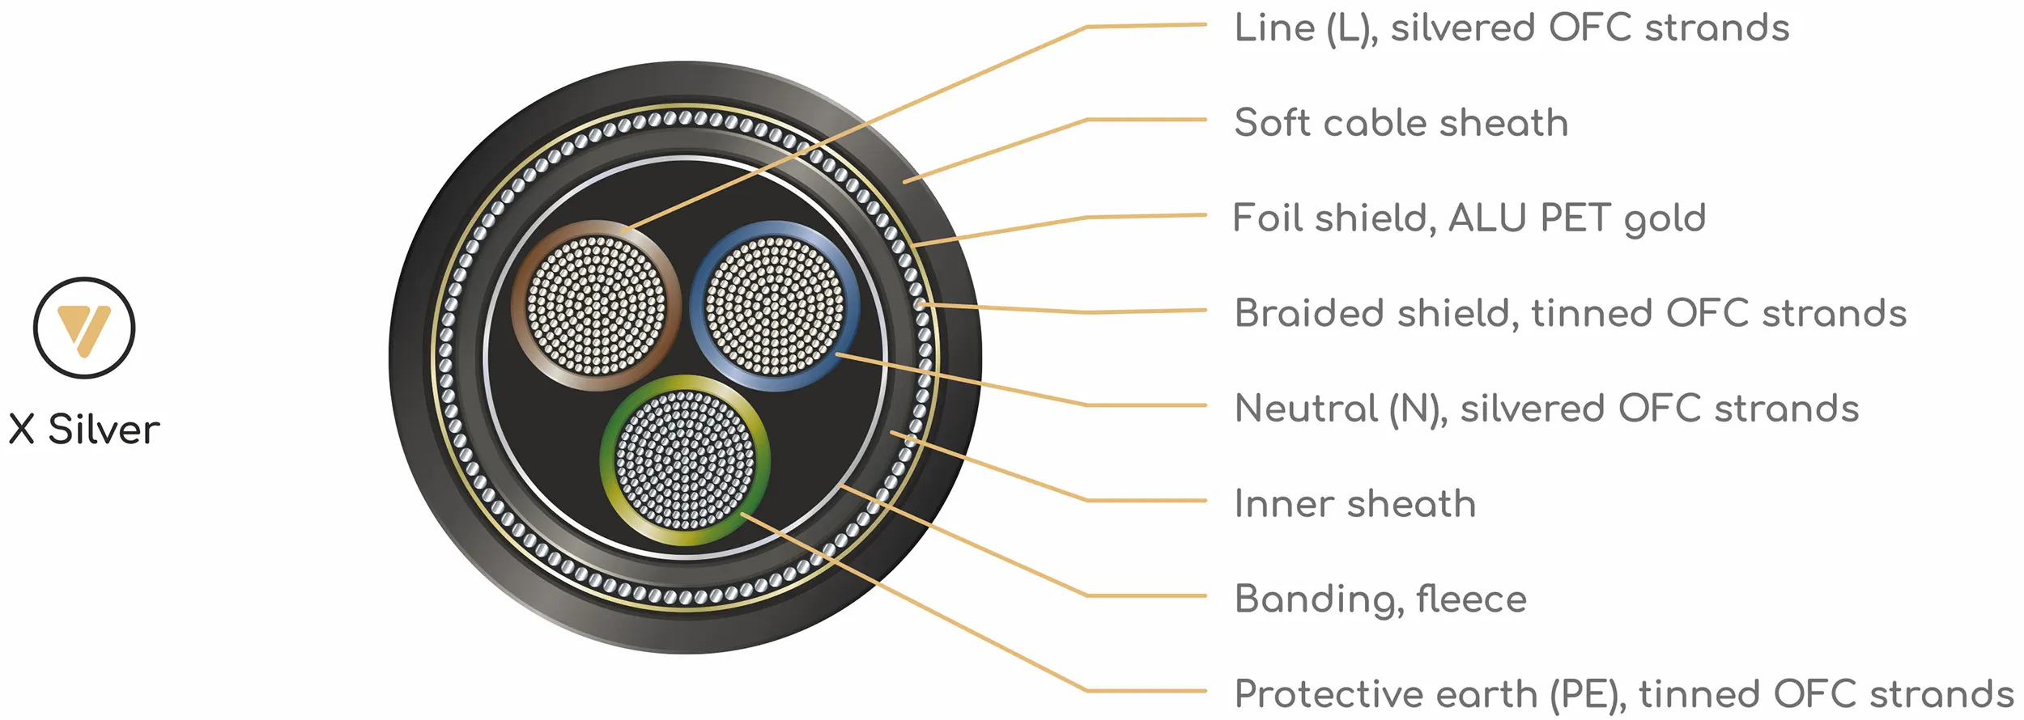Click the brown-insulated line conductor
[x=596, y=305]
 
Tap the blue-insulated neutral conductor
[x=775, y=305]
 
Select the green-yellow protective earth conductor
[x=685, y=460]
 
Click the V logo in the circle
[x=84, y=328]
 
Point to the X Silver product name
[x=84, y=430]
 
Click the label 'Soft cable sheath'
[x=1401, y=123]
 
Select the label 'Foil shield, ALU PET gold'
[x=1469, y=218]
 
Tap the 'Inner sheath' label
[x=1355, y=503]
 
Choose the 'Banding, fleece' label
[x=1381, y=599]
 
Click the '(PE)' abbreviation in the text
[x=1588, y=695]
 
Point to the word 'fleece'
[x=1472, y=599]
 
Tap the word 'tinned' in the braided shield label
[x=1591, y=313]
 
